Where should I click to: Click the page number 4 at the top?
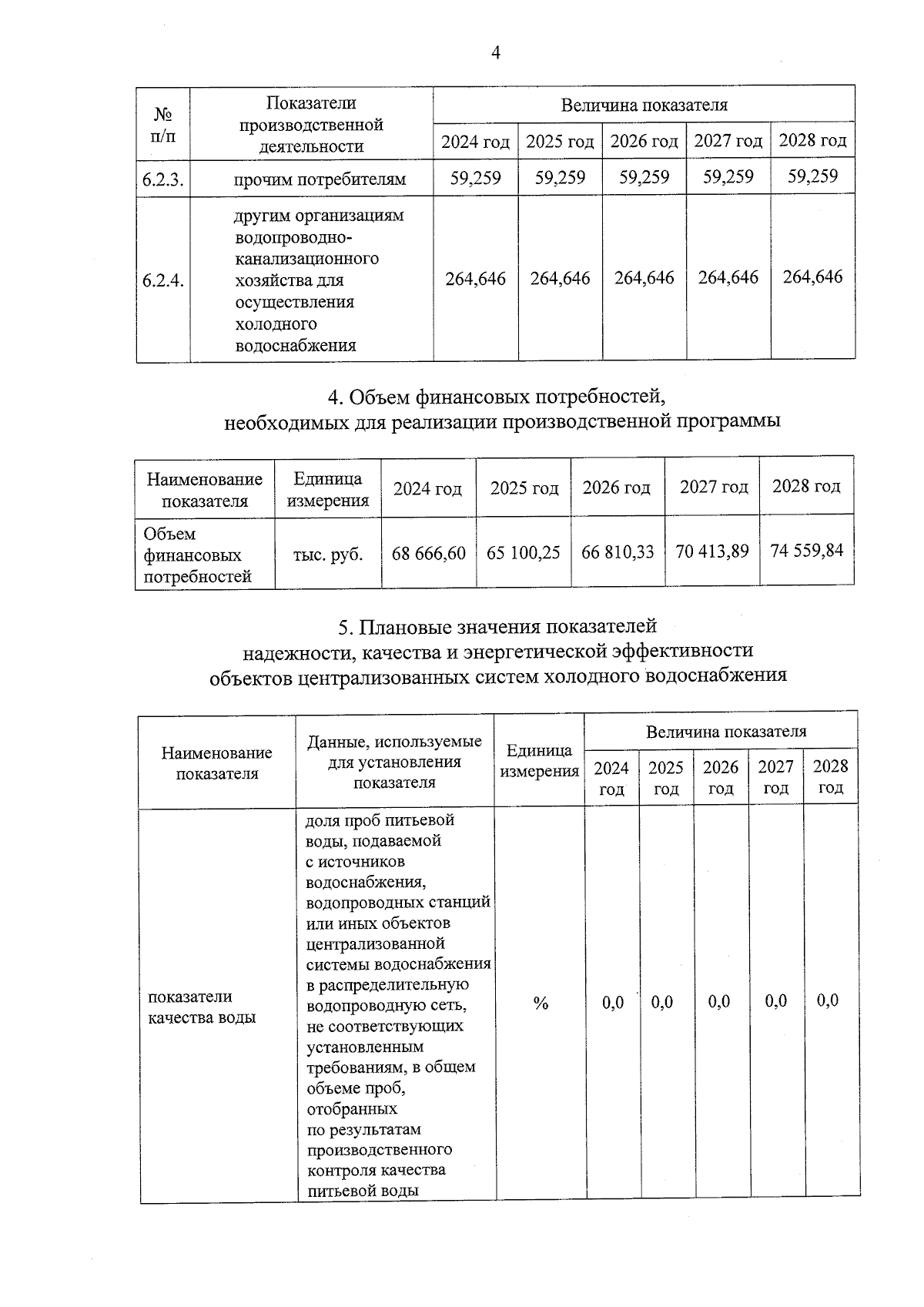(x=495, y=52)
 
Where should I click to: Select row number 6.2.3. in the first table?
(x=163, y=180)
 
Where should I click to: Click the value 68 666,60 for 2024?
(x=429, y=553)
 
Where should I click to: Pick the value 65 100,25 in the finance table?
(x=524, y=553)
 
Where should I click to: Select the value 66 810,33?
(x=618, y=552)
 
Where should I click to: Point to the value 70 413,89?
(x=712, y=551)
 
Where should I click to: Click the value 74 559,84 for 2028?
(x=806, y=550)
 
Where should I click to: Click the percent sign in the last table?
(x=541, y=1003)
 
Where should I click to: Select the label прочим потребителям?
(x=320, y=180)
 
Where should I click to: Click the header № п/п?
(x=162, y=125)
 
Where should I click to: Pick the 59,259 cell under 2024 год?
(x=475, y=179)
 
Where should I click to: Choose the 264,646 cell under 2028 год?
(x=812, y=276)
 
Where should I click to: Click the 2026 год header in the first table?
(x=644, y=142)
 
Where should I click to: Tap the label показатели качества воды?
(x=202, y=1007)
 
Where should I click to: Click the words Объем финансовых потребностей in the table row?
(x=197, y=555)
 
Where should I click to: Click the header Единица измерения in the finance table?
(x=328, y=490)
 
